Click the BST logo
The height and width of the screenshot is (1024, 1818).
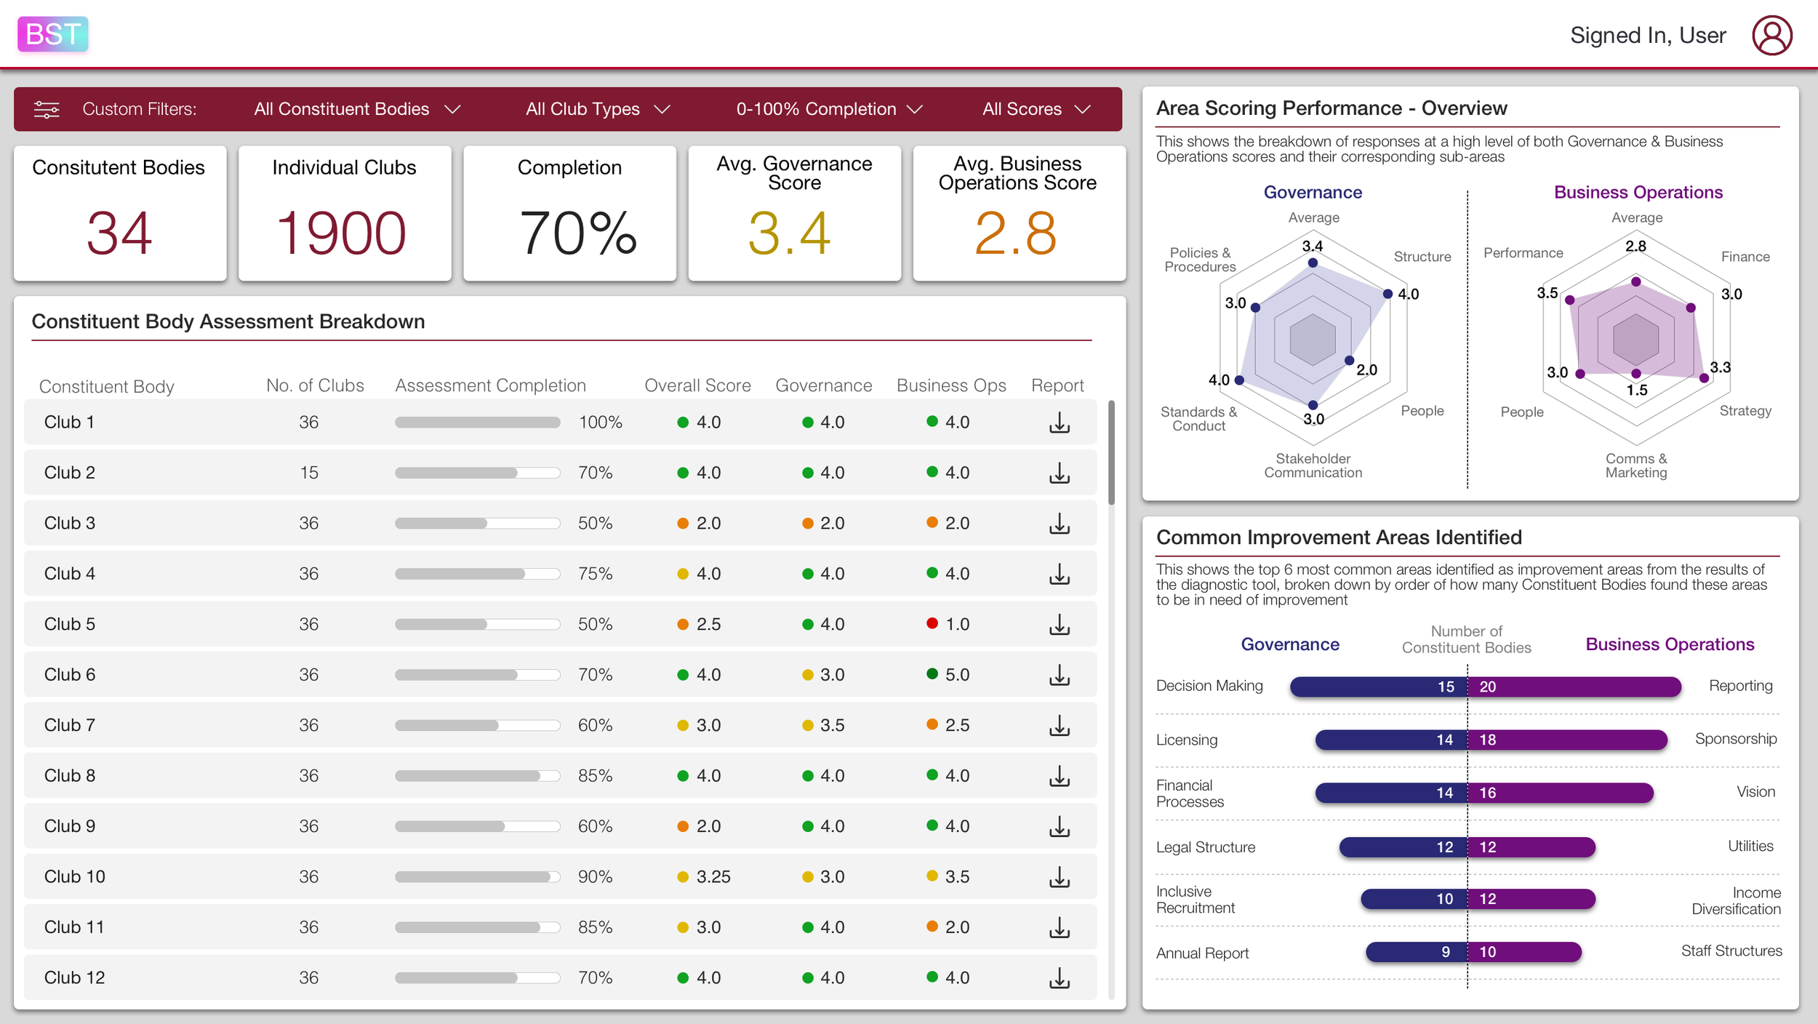[x=52, y=34]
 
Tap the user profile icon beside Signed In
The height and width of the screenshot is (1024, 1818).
[x=1771, y=35]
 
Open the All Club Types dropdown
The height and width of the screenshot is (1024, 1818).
[x=597, y=109]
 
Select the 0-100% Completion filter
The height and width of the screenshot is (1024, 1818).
[x=829, y=109]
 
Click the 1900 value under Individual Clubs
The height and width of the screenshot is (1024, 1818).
[x=341, y=233]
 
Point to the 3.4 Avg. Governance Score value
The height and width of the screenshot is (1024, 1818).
[x=789, y=233]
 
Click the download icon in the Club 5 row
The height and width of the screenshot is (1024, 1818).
[x=1060, y=625]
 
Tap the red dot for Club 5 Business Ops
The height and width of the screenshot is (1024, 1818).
[x=932, y=623]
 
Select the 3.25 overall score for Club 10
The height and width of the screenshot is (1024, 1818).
[x=713, y=877]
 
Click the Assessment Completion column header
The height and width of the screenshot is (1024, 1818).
[x=490, y=385]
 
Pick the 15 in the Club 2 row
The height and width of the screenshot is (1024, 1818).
[x=309, y=473]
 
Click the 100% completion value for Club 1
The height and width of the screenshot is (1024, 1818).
[x=600, y=423]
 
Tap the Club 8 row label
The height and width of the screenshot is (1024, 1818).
[x=70, y=776]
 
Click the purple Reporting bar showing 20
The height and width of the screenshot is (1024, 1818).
[x=1574, y=687]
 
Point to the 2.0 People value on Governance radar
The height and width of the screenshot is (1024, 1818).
[x=1366, y=369]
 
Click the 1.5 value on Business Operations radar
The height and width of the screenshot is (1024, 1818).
[x=1637, y=391]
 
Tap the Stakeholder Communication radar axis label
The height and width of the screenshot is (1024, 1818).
[x=1313, y=465]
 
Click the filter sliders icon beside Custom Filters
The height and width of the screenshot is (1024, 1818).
[x=47, y=109]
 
